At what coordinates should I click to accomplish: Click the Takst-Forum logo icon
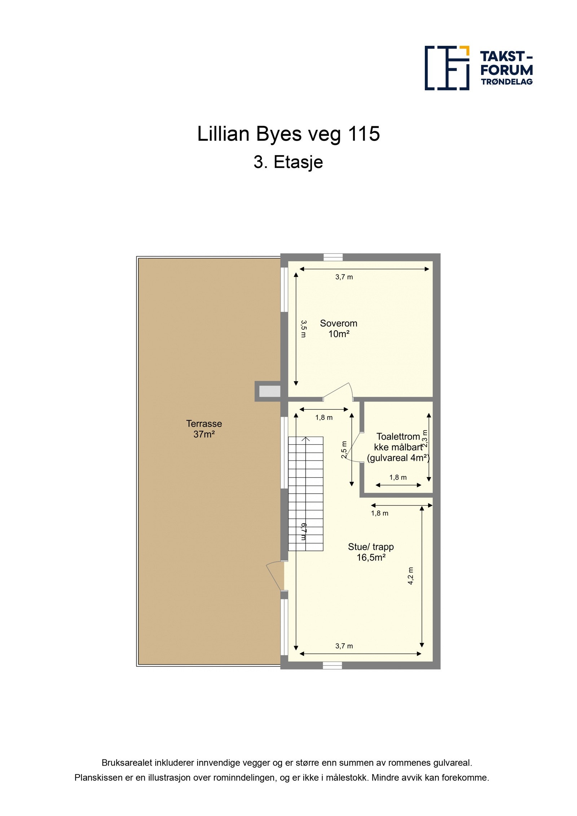click(x=446, y=68)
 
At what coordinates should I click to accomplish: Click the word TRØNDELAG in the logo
click(x=506, y=82)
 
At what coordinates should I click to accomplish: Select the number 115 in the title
click(x=364, y=134)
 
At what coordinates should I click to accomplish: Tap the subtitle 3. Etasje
click(x=288, y=162)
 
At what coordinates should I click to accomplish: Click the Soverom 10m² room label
click(x=338, y=328)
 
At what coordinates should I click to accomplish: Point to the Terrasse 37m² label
click(x=204, y=429)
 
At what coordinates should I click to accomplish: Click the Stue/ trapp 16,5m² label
click(x=371, y=552)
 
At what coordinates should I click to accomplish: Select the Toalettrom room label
click(x=398, y=437)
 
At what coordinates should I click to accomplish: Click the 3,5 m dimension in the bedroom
click(x=303, y=328)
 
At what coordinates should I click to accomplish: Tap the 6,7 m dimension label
click(x=303, y=532)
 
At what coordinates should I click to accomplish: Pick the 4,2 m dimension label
click(x=410, y=576)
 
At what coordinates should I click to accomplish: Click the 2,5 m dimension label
click(x=344, y=449)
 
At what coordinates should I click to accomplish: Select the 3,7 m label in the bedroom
click(x=344, y=277)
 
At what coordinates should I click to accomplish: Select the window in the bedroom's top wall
click(x=332, y=257)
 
